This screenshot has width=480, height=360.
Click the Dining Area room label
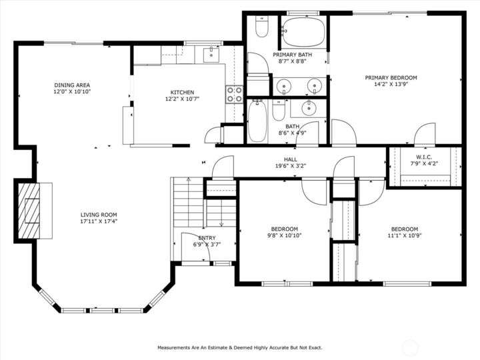[72, 85]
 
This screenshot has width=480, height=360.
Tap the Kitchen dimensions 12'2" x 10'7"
[182, 99]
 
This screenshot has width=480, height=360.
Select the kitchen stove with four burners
[234, 94]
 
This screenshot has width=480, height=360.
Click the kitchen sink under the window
[211, 55]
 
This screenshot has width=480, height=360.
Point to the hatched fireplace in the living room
[29, 211]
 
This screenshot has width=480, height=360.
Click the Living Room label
[99, 215]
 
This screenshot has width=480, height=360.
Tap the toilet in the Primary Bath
[262, 26]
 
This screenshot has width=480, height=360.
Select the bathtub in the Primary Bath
[303, 32]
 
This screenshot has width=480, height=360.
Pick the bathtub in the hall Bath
[257, 121]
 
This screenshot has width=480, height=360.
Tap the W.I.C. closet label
[424, 157]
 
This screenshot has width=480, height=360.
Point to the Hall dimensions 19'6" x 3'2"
[290, 166]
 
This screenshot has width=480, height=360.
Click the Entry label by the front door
[207, 238]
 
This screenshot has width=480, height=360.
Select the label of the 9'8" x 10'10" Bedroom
[285, 229]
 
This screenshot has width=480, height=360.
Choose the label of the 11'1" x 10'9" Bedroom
[405, 229]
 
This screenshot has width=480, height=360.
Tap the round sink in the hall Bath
[309, 107]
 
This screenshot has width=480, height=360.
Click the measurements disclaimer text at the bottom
[240, 347]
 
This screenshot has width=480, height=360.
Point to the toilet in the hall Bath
[279, 110]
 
